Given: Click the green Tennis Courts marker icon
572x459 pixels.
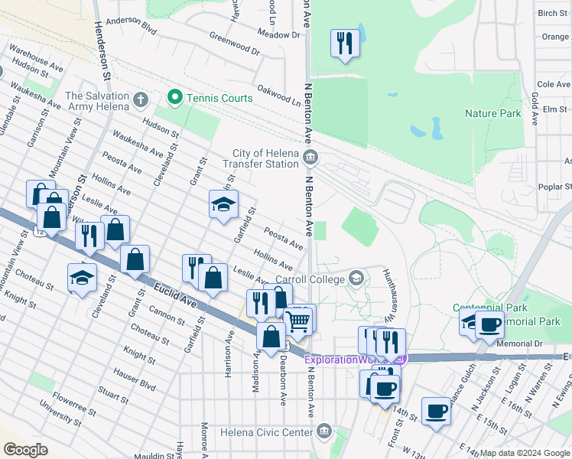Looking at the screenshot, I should coord(175,98).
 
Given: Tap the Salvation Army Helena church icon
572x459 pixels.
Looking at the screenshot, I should coord(139,100).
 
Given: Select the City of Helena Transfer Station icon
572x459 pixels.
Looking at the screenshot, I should coord(310,159).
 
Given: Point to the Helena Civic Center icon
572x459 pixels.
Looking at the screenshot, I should coord(325,431).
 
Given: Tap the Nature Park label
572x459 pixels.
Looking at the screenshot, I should coord(492,114).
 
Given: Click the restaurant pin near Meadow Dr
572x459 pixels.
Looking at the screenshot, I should coord(344,43).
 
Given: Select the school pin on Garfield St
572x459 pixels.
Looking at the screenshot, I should coord(223,204).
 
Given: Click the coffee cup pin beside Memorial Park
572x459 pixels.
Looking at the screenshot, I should coord(489,324).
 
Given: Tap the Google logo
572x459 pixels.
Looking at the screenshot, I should coord(26,450).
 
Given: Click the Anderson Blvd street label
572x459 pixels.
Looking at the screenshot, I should coord(131,27).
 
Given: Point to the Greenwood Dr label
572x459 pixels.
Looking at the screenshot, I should coord(235,45).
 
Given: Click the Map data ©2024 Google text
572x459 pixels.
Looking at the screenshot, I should coord(524,453).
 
